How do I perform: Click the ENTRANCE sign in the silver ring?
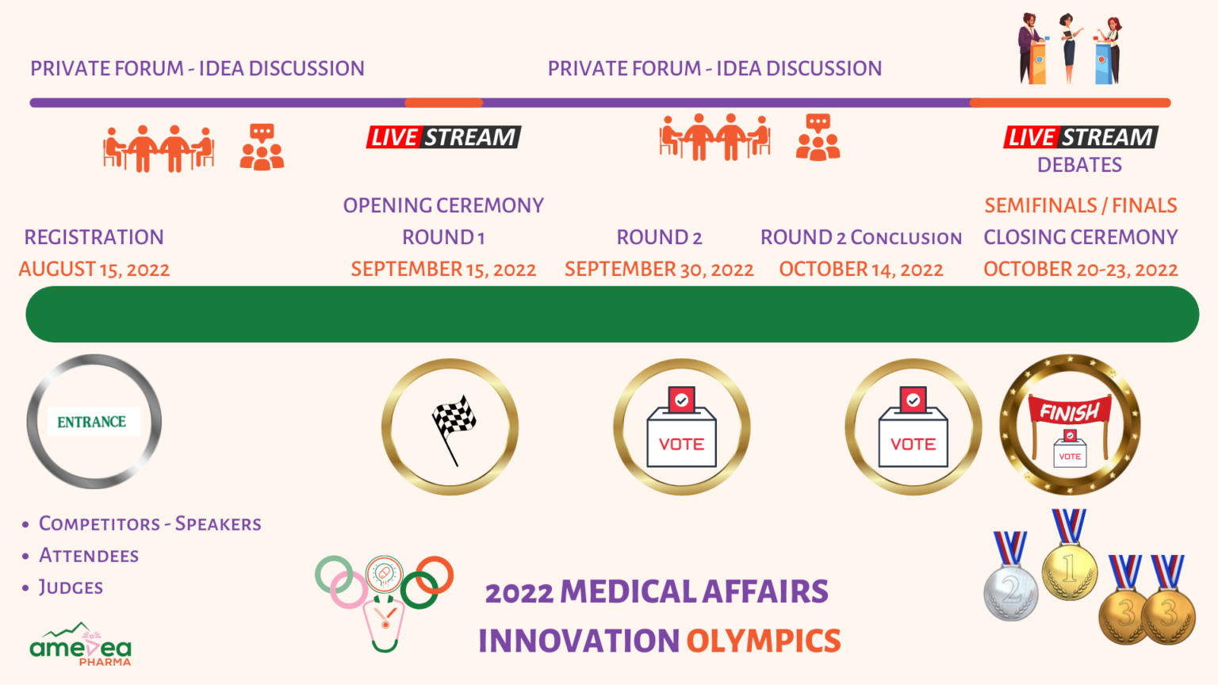pyautogui.click(x=94, y=421)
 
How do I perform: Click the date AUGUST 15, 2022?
pyautogui.click(x=94, y=269)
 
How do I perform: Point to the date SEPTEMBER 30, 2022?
pyautogui.click(x=659, y=269)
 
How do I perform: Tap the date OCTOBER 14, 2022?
pyautogui.click(x=860, y=269)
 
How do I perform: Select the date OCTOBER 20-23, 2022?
pyautogui.click(x=1081, y=269)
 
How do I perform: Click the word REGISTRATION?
pyautogui.click(x=94, y=237)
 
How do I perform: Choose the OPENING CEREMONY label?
pyautogui.click(x=443, y=205)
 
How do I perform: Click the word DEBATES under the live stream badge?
pyautogui.click(x=1079, y=165)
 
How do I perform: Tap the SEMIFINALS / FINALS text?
pyautogui.click(x=1081, y=205)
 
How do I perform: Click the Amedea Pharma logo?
pyautogui.click(x=80, y=645)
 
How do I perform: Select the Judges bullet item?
pyautogui.click(x=71, y=587)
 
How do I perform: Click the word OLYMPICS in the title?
pyautogui.click(x=764, y=641)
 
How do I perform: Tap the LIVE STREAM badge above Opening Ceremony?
pyautogui.click(x=444, y=137)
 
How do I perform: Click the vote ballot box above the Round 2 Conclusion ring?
pyautogui.click(x=913, y=427)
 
